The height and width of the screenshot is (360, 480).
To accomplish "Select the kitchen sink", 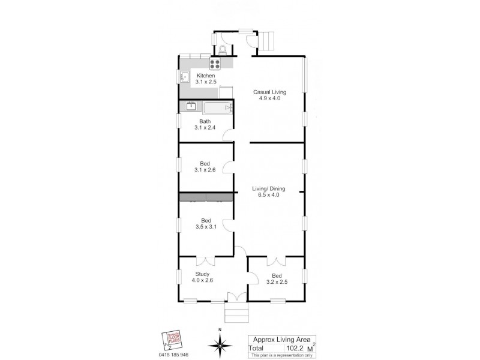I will click(185, 76).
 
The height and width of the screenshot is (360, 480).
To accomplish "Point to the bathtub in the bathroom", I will click(217, 108).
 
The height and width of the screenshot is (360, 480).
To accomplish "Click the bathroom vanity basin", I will click(191, 108).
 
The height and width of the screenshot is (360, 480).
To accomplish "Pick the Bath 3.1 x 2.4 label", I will click(205, 124).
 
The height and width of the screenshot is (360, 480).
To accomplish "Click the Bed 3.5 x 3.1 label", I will click(205, 223).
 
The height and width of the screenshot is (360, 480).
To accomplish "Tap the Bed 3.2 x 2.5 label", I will click(277, 279).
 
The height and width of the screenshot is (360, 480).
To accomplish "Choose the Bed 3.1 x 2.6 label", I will click(205, 166).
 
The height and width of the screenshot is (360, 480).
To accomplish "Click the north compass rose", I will click(220, 344).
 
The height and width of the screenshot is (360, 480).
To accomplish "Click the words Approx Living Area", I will click(282, 338).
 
